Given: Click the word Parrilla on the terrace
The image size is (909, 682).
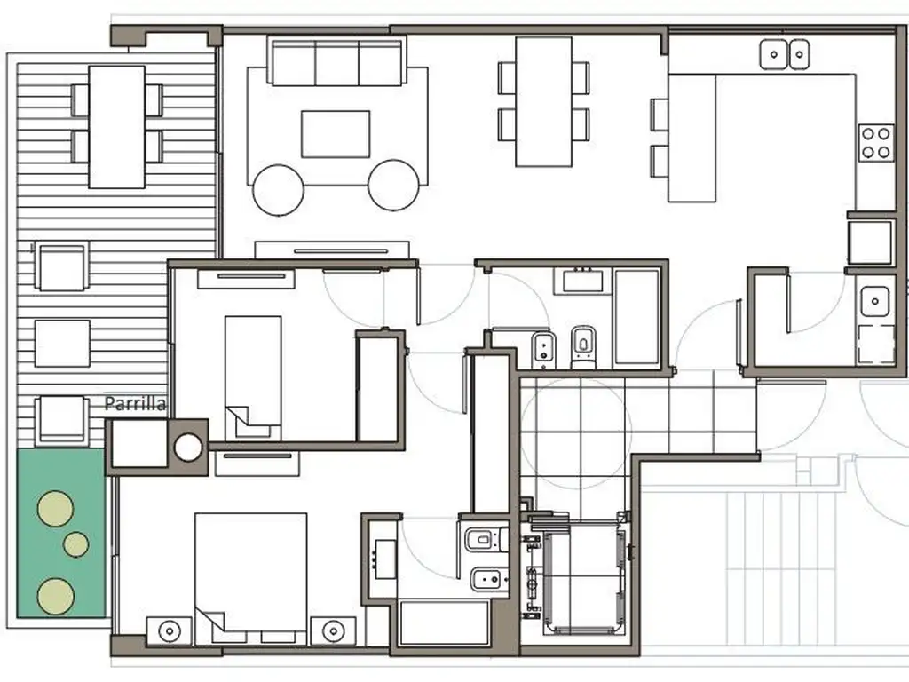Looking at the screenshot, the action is point(135,404).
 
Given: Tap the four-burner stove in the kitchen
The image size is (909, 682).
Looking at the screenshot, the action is point(875,143).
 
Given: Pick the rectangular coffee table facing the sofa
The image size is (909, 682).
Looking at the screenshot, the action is point(336,134).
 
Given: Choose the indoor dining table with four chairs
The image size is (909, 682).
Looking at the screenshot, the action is point(544,102).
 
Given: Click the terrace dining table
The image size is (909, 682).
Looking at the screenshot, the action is point(116,127).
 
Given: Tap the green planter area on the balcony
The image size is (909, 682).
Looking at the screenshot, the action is point(61,533).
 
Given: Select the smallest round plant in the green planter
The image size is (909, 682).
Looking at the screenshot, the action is point(76,544).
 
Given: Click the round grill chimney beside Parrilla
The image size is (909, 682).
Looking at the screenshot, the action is point(188,448).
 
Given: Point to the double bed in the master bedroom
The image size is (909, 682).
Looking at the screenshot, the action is point(250,573).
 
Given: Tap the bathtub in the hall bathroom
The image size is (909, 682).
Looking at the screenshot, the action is point(636,317).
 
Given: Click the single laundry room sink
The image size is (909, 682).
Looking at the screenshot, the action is point(874,302).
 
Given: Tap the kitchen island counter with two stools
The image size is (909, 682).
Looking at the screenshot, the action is point(692,138).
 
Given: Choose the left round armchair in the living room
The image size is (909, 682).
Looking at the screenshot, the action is point(278,190).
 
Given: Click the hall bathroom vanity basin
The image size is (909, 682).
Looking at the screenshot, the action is point(582,281).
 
